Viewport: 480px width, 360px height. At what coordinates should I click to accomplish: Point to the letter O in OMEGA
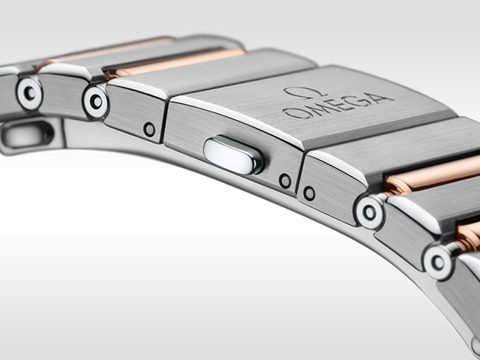pyautogui.click(x=291, y=112)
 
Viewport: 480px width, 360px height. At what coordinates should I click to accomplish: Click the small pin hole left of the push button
pyautogui.click(x=149, y=130)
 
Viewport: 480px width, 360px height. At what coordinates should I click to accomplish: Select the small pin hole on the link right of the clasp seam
pyautogui.click(x=309, y=192)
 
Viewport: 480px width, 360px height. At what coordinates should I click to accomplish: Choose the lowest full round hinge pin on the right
pyautogui.click(x=438, y=261)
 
